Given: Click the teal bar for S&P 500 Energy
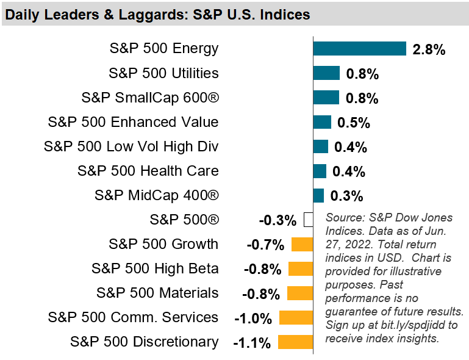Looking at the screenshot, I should click(359, 49).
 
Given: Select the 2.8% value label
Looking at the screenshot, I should click(429, 49).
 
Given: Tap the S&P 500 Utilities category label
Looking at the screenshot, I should click(163, 73).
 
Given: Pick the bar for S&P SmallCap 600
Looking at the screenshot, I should click(326, 98).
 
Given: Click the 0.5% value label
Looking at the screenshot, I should click(354, 123).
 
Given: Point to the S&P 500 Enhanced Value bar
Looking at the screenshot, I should click(322, 122).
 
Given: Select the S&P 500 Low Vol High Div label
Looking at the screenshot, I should click(131, 146).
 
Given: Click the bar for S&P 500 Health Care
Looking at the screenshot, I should click(320, 171).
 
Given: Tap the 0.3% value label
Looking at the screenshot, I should click(346, 196).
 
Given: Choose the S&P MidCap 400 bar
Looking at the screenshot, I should click(318, 195).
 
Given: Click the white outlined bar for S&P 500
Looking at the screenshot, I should click(309, 220).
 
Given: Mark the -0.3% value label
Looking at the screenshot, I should click(277, 220).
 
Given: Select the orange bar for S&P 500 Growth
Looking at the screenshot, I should click(302, 245).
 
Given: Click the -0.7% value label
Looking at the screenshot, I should click(265, 245).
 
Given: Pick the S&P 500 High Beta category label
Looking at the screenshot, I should click(155, 268).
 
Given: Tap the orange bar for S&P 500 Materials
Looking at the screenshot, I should click(300, 293).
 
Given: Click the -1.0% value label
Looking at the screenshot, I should click(252, 319).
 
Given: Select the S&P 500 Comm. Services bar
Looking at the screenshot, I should click(296, 317).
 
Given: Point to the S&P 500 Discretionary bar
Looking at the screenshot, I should click(295, 342).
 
